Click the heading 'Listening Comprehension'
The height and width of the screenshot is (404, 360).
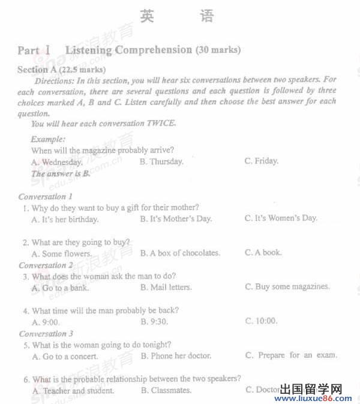click(x=128, y=50)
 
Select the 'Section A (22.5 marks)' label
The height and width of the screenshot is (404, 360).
click(x=61, y=70)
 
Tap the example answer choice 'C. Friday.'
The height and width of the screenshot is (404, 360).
click(x=261, y=161)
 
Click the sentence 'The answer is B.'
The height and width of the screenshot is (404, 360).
click(x=61, y=173)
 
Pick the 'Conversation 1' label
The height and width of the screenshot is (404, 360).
click(x=46, y=196)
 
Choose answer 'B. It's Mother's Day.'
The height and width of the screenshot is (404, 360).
click(x=176, y=219)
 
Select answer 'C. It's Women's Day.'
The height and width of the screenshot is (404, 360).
click(x=281, y=218)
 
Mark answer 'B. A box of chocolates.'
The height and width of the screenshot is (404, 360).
click(x=180, y=253)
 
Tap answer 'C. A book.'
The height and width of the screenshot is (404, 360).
click(x=263, y=252)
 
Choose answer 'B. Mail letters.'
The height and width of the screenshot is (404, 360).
click(x=166, y=288)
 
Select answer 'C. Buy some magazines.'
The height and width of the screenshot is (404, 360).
click(x=287, y=286)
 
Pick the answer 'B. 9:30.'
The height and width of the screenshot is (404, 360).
click(x=154, y=321)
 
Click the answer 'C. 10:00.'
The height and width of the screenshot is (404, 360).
click(x=261, y=321)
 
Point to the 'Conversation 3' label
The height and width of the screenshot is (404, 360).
click(x=46, y=334)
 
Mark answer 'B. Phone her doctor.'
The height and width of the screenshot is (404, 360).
click(x=176, y=355)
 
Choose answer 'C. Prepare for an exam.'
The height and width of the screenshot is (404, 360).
click(x=291, y=355)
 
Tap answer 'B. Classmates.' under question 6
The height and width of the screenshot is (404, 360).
click(x=166, y=390)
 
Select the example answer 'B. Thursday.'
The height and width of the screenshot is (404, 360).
click(x=161, y=161)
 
